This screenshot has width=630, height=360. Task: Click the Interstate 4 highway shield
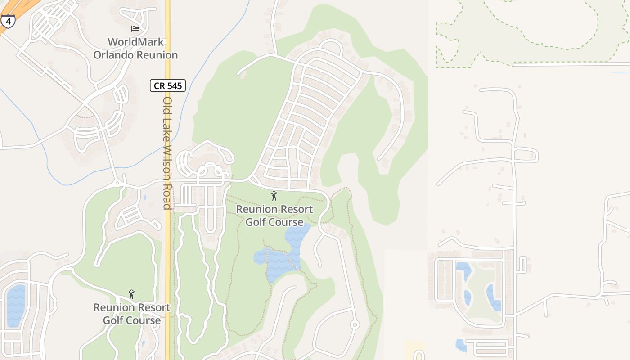tap(8, 21)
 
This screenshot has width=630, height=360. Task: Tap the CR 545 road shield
tap(168, 85)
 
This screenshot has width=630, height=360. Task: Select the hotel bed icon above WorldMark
tap(135, 29)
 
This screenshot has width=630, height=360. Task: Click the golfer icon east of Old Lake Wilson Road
tap(274, 196)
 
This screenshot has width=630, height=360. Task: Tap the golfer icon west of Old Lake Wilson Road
tap(131, 294)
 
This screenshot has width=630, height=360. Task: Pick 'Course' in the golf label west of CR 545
tap(132, 320)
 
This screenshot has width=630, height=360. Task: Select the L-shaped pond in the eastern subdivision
tap(463, 270)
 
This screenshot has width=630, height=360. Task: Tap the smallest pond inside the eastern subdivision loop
tap(468, 297)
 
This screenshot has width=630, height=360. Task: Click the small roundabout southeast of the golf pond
tap(355, 324)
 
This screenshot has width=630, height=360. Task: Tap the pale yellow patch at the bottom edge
tap(414, 351)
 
